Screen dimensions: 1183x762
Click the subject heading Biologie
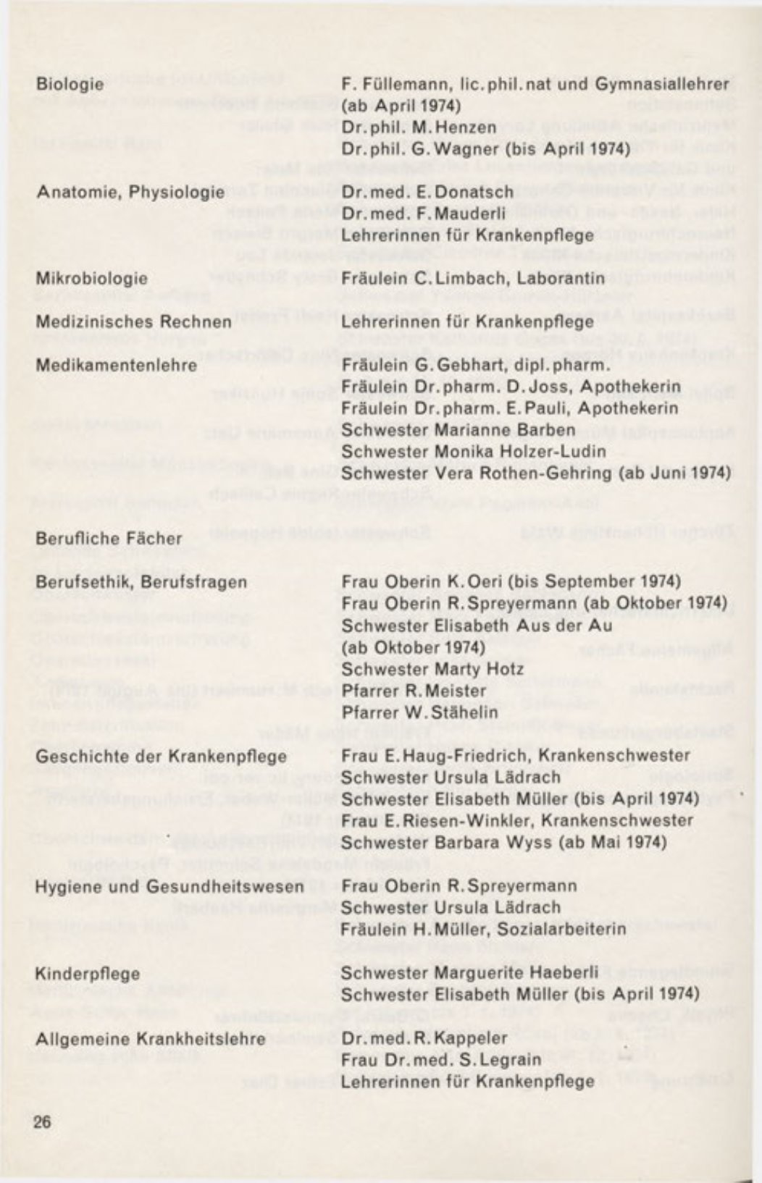point(70,84)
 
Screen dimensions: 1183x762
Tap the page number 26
point(43,1122)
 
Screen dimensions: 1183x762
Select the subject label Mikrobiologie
point(92,279)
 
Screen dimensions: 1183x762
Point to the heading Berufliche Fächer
point(109,539)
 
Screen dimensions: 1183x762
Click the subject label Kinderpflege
point(88,974)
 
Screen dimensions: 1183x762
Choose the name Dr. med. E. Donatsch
point(427,192)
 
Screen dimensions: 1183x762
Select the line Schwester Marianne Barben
point(459,430)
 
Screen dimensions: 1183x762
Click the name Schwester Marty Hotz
point(432,669)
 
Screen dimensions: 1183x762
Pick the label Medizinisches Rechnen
point(134,321)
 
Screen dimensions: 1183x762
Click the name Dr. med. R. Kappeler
point(424,1038)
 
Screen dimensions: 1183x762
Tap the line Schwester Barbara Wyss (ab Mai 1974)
point(503,843)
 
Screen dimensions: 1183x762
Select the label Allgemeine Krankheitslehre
point(151,1039)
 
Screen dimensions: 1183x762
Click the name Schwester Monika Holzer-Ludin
point(474,452)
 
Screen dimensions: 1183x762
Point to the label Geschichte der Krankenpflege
point(161,757)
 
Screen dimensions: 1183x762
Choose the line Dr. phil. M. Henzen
point(419,127)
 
